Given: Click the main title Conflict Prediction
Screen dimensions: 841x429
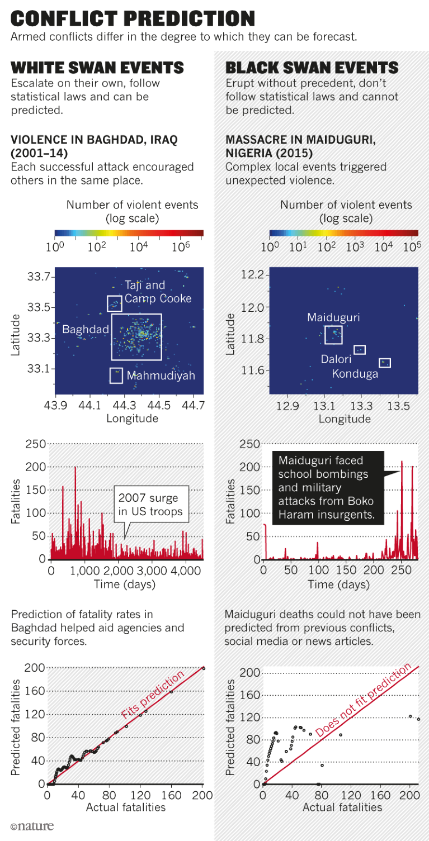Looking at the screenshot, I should (133, 18).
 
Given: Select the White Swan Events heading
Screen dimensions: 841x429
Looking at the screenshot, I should (97, 68).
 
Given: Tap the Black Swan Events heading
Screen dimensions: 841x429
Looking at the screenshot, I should (312, 68).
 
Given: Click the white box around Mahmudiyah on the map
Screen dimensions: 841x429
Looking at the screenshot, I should (116, 376).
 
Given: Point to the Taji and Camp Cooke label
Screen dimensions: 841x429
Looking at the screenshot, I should (157, 292).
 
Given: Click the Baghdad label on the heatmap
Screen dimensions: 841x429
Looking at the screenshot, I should (85, 330).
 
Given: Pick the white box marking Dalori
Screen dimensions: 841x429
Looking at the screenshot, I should (360, 350).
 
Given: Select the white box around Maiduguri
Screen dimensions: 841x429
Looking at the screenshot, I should (333, 335).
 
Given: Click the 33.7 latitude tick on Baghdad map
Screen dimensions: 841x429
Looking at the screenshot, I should (39, 277).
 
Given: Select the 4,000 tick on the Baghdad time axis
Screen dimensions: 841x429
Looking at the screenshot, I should (186, 571).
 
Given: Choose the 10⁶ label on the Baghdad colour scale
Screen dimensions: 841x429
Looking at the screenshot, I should (182, 246).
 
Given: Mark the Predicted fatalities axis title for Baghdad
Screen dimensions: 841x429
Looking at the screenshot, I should (16, 727).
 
